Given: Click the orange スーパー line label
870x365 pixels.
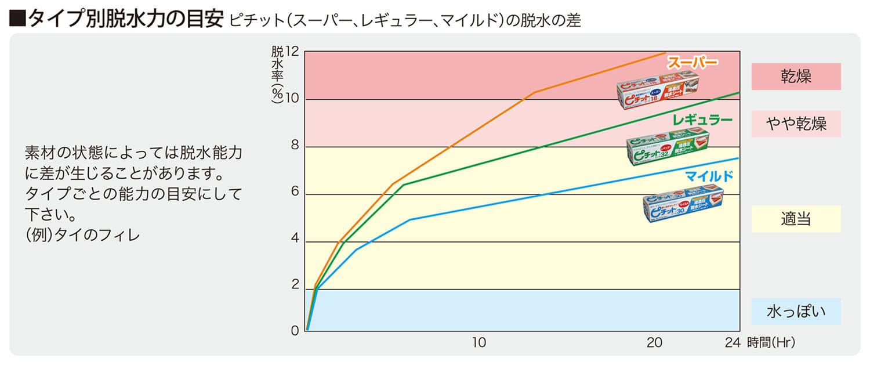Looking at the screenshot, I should [x=693, y=63].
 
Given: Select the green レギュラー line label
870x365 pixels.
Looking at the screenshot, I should [x=702, y=121].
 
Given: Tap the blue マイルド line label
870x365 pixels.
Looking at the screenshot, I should [x=709, y=176].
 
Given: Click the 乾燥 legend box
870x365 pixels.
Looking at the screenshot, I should [x=796, y=77].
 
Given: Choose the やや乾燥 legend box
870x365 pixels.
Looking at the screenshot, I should [x=796, y=124].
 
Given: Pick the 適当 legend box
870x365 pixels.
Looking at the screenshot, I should [x=796, y=219].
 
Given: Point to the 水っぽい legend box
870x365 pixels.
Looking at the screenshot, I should [x=796, y=312].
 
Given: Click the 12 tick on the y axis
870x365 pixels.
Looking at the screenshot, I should [x=292, y=52].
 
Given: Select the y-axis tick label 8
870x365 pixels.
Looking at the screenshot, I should [x=295, y=146].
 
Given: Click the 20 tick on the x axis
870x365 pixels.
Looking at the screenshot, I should [x=654, y=343].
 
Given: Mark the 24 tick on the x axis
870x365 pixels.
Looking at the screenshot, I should [x=733, y=343].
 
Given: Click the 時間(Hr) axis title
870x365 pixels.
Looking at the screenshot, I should [x=771, y=343].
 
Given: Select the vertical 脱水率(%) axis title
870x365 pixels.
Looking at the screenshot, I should [x=277, y=75].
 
